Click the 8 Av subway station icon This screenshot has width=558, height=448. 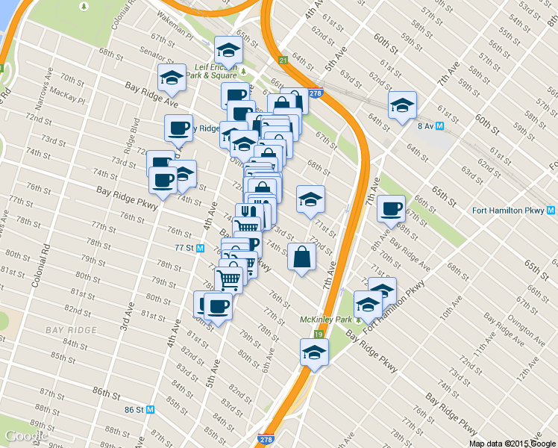point(440,125)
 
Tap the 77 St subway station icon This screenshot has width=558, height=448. point(201,248)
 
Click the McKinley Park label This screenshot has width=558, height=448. point(325,320)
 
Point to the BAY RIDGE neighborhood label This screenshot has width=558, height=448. point(71,330)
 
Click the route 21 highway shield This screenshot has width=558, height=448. point(283,60)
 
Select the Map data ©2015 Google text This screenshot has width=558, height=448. point(512,443)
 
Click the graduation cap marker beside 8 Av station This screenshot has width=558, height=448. point(402,107)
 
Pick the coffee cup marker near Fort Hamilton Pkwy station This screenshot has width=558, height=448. point(390,209)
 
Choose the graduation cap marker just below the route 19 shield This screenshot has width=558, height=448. point(314,352)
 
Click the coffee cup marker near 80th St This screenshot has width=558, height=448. point(217,306)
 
